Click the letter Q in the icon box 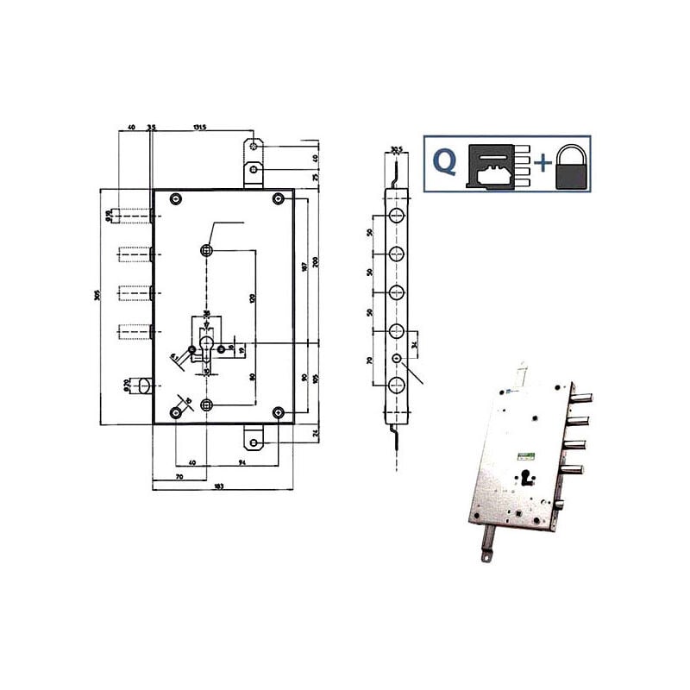click(444, 164)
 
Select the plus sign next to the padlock click(541, 164)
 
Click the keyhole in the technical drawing click(207, 347)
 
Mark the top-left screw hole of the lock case click(176, 199)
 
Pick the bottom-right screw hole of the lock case click(278, 413)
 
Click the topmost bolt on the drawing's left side click(134, 215)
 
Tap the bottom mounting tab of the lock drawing click(255, 442)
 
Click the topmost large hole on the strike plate click(396, 215)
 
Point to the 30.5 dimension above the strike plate click(396, 147)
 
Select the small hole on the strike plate click(396, 358)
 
